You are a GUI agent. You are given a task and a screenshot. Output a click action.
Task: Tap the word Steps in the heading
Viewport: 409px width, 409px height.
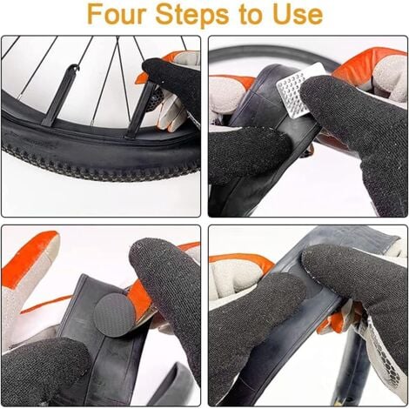pyautogui.click(x=202, y=15)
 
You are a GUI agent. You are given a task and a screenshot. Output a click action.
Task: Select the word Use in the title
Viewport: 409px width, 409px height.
pyautogui.click(x=297, y=15)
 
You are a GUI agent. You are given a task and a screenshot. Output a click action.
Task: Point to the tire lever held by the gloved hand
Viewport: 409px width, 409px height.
pyautogui.click(x=142, y=109)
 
